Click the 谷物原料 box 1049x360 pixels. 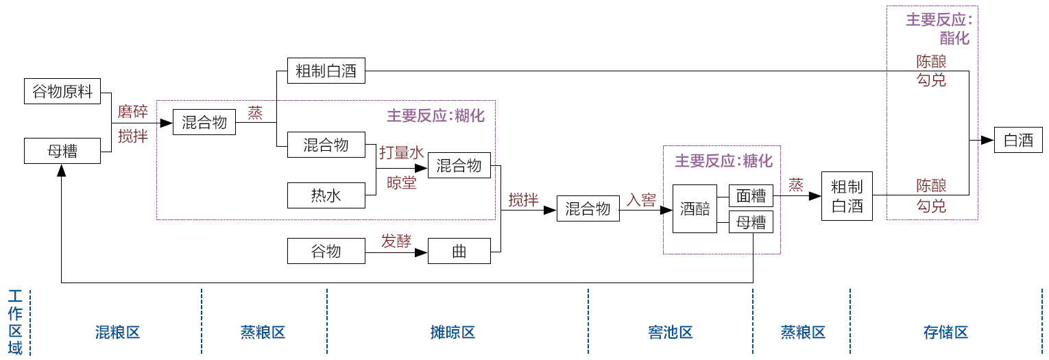62,91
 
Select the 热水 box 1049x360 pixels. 326,196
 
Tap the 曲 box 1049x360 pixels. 459,252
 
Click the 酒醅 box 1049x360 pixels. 695,208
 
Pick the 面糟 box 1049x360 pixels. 751,196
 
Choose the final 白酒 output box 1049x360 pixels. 1018,141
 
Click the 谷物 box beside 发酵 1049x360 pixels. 326,252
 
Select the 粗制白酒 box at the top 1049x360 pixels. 326,71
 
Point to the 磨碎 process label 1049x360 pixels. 132,112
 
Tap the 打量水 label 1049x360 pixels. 402,153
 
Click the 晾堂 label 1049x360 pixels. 401,183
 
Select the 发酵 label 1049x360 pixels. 396,241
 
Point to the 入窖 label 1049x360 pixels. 641,200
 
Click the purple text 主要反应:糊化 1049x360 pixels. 435,116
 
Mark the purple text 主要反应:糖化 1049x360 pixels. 723,161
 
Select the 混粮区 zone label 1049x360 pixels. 117,333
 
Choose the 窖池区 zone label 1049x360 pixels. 670,333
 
